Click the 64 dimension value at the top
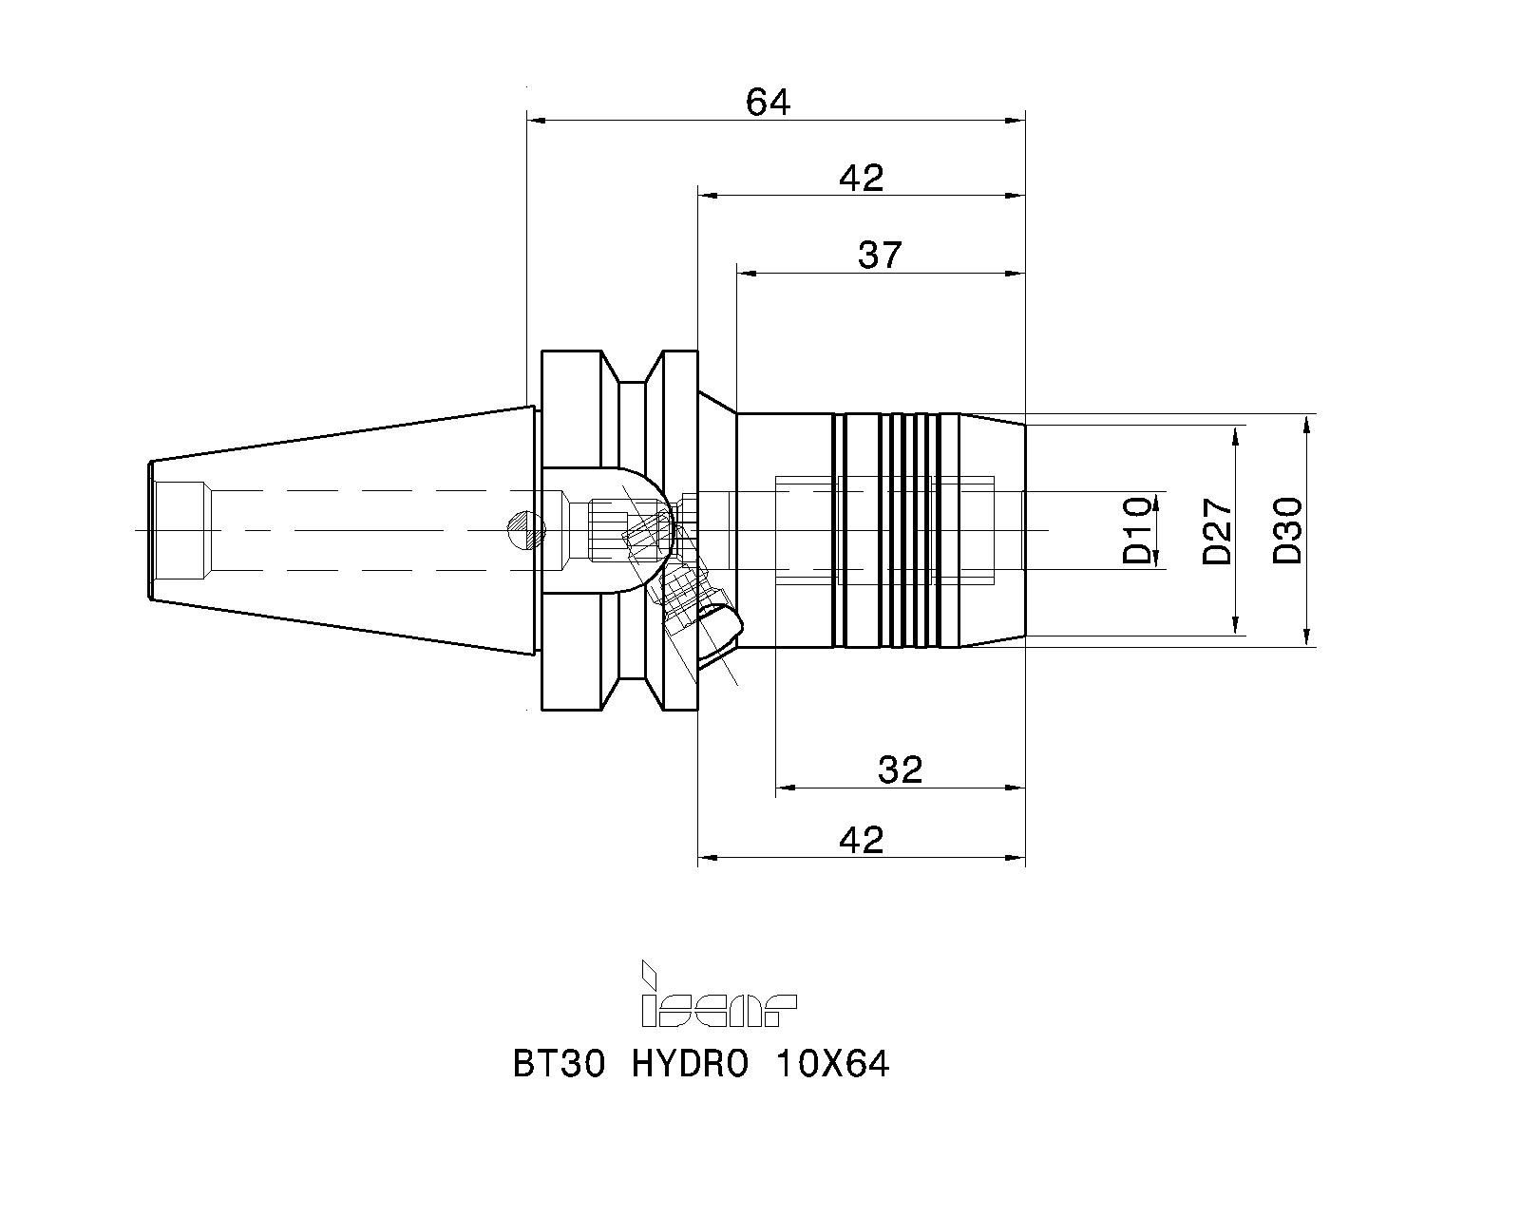768,103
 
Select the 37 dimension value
880,255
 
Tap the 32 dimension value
900,770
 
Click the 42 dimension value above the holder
861,178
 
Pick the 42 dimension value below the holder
861,840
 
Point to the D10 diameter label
1136,530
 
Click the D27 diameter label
1217,531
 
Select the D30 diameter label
1287,530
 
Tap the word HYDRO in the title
690,1064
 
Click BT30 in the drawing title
559,1064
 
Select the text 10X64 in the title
832,1064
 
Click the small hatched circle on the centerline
527,530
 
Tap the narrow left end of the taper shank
150,530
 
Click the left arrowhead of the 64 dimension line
537,120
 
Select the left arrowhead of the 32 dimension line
786,788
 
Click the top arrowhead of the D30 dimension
1306,424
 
